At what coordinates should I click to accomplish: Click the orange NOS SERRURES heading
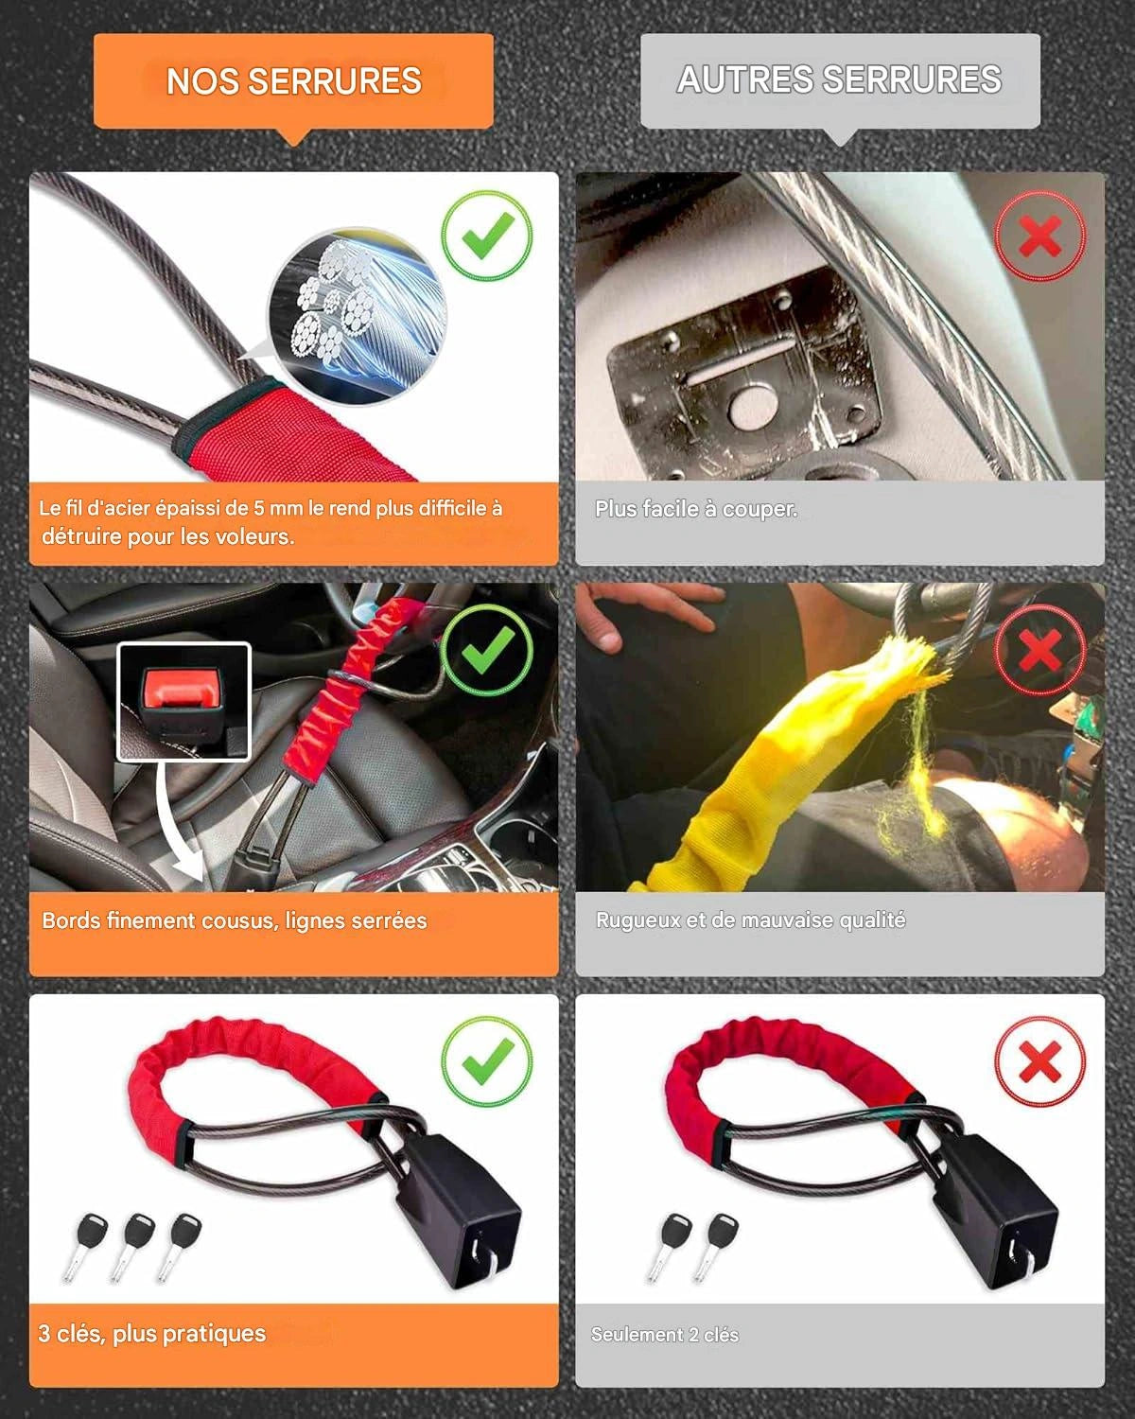[x=293, y=81]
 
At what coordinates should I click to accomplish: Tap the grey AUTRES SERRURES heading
[x=840, y=79]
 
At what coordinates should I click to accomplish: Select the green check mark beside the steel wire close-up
[x=487, y=236]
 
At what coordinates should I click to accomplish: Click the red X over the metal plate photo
[x=1040, y=236]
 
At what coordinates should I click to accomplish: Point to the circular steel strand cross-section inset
[x=357, y=317]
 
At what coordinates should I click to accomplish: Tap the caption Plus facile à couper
[x=696, y=508]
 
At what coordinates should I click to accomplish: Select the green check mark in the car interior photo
[x=487, y=650]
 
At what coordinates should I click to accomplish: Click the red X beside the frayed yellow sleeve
[x=1040, y=650]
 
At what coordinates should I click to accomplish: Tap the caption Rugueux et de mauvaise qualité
[x=750, y=920]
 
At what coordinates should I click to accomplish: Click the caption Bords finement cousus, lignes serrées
[x=235, y=920]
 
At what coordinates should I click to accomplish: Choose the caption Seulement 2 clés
[x=665, y=1334]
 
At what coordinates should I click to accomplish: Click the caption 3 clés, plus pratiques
[x=152, y=1333]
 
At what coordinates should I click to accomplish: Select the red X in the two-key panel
[x=1040, y=1062]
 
